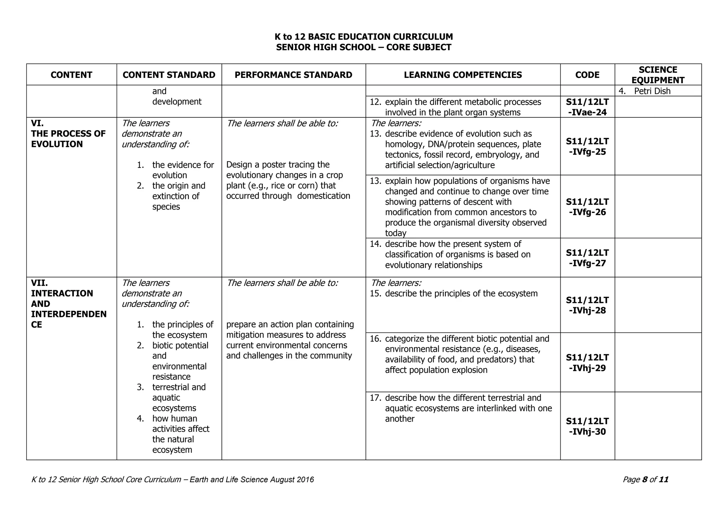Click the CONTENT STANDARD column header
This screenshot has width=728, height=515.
[x=169, y=75]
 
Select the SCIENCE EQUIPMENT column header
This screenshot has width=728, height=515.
[x=658, y=75]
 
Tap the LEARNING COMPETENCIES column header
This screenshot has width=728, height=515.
[x=463, y=75]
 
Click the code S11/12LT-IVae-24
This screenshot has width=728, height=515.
[x=587, y=107]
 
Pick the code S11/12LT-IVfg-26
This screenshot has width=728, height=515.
[x=587, y=207]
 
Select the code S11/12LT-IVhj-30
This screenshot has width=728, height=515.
[x=587, y=426]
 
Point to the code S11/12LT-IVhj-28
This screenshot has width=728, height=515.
[x=587, y=305]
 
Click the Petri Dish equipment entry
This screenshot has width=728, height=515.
[x=652, y=91]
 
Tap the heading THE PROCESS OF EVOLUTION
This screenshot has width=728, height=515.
[x=68, y=139]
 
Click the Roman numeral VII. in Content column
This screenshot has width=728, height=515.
[x=39, y=283]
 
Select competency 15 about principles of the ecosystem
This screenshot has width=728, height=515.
[x=461, y=293]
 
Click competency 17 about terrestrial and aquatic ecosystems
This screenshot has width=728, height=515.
[x=468, y=408]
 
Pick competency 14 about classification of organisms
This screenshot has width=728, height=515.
[x=457, y=254]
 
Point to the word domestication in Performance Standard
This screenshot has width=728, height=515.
[x=323, y=196]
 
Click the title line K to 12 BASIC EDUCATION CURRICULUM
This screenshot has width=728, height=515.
[x=364, y=37]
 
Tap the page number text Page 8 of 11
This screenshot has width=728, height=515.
[x=646, y=479]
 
